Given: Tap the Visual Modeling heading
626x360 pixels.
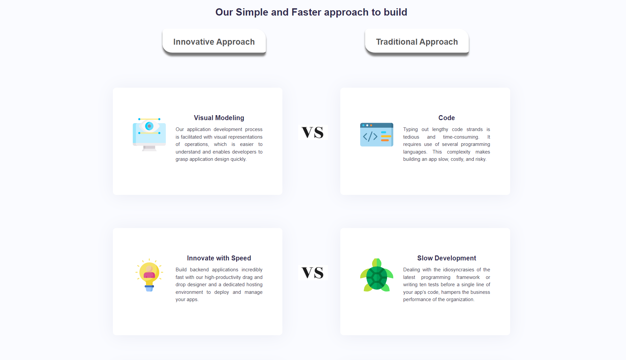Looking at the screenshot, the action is pyautogui.click(x=219, y=118).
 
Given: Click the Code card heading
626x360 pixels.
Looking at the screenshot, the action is pyautogui.click(x=447, y=118).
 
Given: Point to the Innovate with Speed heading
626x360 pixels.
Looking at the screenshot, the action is pyautogui.click(x=219, y=258).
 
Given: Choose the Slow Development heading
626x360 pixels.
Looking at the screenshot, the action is pyautogui.click(x=447, y=258).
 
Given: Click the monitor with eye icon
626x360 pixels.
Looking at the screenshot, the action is pyautogui.click(x=149, y=134).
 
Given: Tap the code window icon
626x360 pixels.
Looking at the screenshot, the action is pyautogui.click(x=377, y=134).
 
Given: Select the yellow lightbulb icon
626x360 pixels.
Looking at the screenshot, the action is pyautogui.click(x=149, y=275).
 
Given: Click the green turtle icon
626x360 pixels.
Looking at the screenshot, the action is pyautogui.click(x=377, y=275).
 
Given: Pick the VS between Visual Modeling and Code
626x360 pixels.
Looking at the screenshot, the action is pyautogui.click(x=313, y=132).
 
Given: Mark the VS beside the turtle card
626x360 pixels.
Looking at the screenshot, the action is pyautogui.click(x=313, y=273).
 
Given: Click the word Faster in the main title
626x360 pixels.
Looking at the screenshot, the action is pyautogui.click(x=306, y=12).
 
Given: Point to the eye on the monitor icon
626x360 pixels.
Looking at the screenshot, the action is pyautogui.click(x=149, y=126).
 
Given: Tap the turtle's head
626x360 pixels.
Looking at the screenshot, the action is pyautogui.click(x=377, y=262).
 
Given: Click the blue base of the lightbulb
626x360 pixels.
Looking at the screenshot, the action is pyautogui.click(x=149, y=288).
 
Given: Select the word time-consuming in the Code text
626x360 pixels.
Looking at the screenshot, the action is pyautogui.click(x=461, y=137).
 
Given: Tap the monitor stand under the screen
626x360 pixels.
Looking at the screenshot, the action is pyautogui.click(x=149, y=148).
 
